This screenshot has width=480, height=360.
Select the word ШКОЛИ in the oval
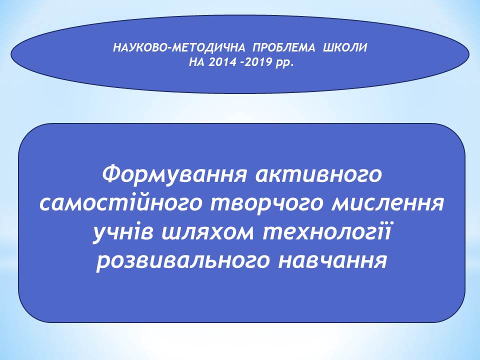tap(345, 48)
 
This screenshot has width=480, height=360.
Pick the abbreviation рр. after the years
tap(284, 63)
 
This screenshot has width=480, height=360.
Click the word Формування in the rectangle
tap(174, 175)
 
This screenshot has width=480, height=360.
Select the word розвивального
tap(183, 262)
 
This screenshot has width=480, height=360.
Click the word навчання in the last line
tap(333, 261)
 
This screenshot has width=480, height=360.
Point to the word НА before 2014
tap(197, 62)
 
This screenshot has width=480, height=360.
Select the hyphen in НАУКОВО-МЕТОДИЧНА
tap(170, 48)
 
